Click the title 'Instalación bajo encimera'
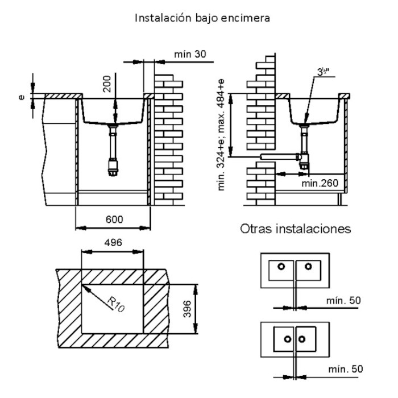coord(202,18)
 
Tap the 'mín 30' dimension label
coord(190,54)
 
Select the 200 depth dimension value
coord(107,84)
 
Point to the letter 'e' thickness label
coord(22,97)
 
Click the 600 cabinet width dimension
coord(114,219)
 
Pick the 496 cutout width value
coord(113,243)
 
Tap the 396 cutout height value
coord(187,309)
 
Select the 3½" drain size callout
coord(323,72)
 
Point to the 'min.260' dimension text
coord(320,183)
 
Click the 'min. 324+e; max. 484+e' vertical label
coord(221,135)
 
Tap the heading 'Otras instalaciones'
coord(296,229)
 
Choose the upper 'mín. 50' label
coord(343,301)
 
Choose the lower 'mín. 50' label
coord(346,369)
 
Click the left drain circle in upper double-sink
coord(281,267)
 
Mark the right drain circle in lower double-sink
coord(302,339)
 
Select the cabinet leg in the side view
coord(340,199)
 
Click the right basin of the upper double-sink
coord(308,271)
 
